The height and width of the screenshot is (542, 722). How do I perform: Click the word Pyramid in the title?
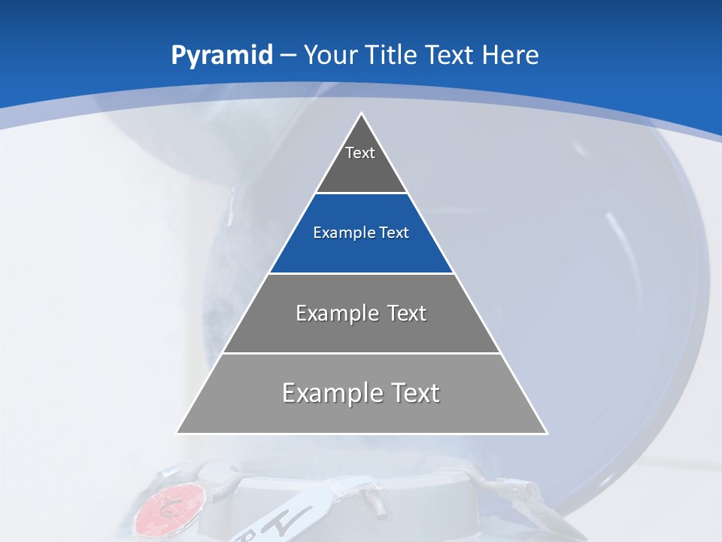pos(222,56)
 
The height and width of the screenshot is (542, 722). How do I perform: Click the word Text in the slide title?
pos(450,55)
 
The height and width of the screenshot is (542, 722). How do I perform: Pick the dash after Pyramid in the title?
pos(288,56)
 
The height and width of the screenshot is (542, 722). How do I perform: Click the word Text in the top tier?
pos(360,153)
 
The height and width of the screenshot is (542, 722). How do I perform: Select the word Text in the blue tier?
pos(394,233)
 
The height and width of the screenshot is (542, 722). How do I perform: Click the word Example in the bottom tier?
pos(332,393)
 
